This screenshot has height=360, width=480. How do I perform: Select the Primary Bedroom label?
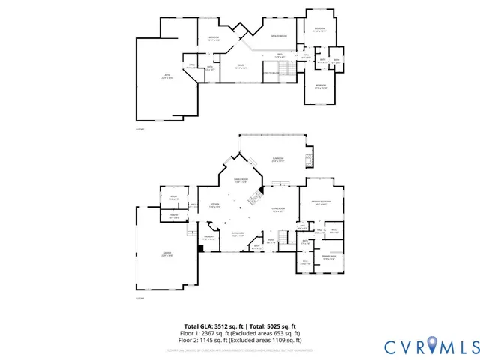316,202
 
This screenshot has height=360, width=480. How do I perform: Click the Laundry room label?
208,238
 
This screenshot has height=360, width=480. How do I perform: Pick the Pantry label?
174,217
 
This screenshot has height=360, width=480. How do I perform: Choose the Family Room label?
241,180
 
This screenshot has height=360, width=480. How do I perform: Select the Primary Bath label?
328,257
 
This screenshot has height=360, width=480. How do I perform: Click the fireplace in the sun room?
310,159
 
